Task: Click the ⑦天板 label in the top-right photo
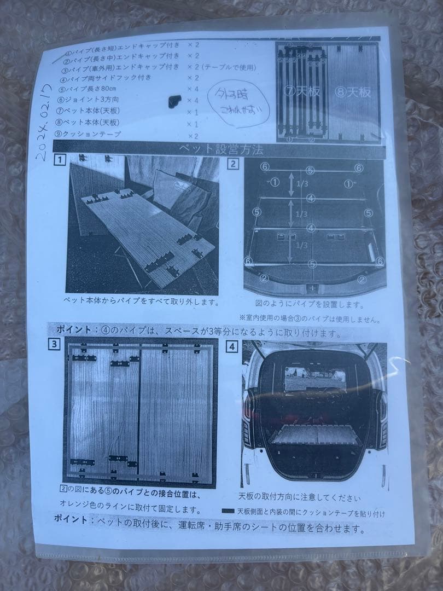pos(304,91)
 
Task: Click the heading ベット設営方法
pos(221,148)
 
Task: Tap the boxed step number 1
pos(59,161)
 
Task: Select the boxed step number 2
pos(233,163)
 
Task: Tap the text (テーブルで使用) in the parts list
pos(229,67)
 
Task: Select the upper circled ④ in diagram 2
pos(310,198)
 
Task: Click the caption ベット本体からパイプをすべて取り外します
pos(141,301)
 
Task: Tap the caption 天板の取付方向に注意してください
pos(299,497)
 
